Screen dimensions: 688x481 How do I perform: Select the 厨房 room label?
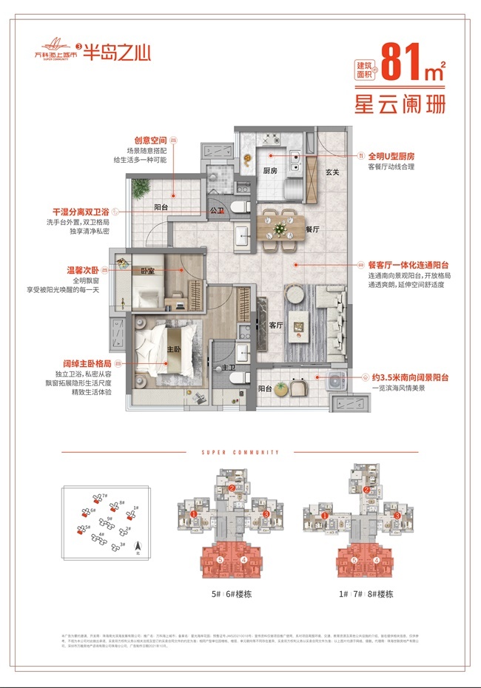click(269, 170)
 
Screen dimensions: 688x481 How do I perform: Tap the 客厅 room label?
click(276, 325)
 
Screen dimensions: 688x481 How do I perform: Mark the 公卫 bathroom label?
click(217, 210)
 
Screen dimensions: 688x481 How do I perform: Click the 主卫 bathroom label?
click(220, 367)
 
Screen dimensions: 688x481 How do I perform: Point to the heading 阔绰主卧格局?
click(92, 363)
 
